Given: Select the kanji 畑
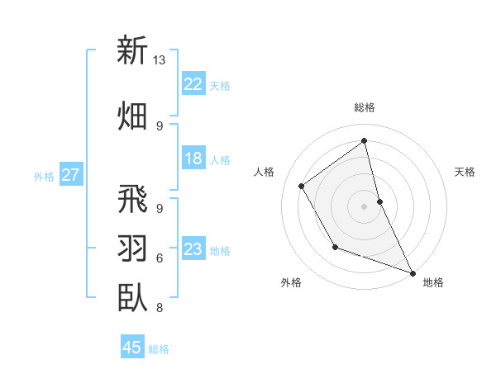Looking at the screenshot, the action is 132,115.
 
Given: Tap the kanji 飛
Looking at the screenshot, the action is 132,199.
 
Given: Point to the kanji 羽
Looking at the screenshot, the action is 132,248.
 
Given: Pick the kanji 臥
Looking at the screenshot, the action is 132,296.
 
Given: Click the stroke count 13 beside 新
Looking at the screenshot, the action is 159,60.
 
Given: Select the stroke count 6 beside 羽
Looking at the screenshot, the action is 159,258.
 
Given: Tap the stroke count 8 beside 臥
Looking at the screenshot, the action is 159,307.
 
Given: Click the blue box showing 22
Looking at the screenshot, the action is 193,83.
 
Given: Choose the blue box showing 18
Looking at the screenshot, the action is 193,159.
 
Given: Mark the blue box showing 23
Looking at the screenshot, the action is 193,249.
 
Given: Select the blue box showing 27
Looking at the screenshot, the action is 71,175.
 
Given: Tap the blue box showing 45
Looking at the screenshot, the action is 132,348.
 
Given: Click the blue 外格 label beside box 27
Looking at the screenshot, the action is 44,176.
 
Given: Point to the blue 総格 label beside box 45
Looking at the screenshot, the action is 160,349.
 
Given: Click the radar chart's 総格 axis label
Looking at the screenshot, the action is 365,107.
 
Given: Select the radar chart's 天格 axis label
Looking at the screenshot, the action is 465,172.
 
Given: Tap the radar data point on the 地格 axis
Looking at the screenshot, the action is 413,273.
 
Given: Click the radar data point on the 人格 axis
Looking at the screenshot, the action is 302,187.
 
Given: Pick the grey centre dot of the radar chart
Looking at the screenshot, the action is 365,206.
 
